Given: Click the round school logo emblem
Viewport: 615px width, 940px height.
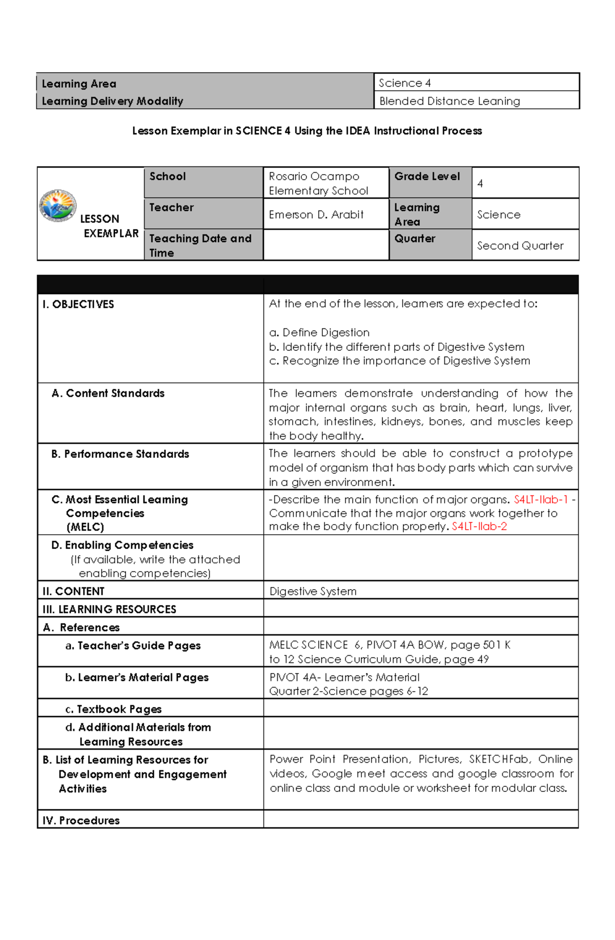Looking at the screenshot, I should (x=58, y=205).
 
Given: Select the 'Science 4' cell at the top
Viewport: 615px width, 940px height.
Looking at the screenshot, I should (x=404, y=83).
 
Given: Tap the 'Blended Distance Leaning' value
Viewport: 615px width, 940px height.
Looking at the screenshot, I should (x=449, y=101).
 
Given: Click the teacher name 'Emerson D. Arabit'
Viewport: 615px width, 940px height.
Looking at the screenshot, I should (x=316, y=215).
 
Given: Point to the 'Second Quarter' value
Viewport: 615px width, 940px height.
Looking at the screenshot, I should (x=520, y=246).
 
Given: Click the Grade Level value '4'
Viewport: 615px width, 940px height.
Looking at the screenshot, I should (x=480, y=183).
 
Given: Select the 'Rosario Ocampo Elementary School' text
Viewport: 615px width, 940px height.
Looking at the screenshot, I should (x=318, y=183).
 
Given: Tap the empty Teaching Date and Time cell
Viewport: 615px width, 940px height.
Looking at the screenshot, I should (x=326, y=245).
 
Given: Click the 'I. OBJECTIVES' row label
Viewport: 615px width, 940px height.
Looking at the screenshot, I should (x=78, y=304).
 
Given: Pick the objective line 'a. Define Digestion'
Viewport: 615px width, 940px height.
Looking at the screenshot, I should (x=319, y=332).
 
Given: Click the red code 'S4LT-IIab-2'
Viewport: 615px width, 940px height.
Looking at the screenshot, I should (x=479, y=527).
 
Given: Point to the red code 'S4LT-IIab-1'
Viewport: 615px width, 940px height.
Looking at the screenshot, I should (x=541, y=499).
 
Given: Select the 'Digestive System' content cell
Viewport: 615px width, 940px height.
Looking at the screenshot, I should (x=313, y=591).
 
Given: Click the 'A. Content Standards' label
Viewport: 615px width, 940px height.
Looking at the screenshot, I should (x=108, y=393).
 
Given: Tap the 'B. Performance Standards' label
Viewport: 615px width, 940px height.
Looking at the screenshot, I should (x=120, y=454).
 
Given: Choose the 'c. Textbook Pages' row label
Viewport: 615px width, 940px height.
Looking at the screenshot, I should (x=113, y=709).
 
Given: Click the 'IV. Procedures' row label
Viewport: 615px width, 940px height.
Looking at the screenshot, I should (x=81, y=820).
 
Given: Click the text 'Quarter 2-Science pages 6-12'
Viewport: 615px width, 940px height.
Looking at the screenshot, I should (x=348, y=691).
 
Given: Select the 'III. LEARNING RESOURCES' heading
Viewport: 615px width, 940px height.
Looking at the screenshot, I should (x=109, y=609).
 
